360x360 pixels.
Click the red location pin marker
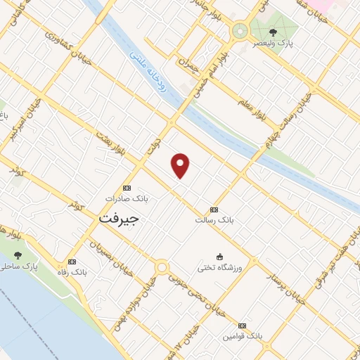tap(181, 165)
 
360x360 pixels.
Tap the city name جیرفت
tap(119, 218)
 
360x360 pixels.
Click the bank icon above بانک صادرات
tap(127, 188)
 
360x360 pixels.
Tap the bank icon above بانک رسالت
tap(214, 210)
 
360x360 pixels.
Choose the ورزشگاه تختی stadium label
tap(220, 267)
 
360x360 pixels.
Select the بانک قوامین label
tap(243, 337)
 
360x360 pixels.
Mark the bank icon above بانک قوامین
tap(243, 326)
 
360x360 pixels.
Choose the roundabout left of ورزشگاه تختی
tap(162, 267)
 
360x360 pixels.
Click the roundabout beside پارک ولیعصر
tap(240, 31)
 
